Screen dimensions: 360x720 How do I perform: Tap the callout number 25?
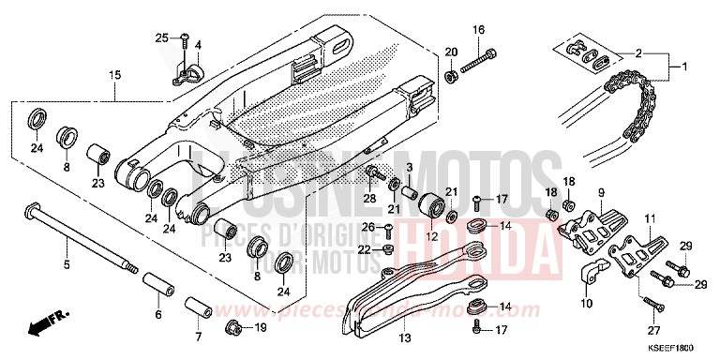pyautogui.click(x=161, y=37)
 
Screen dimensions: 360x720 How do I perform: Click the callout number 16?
pyautogui.click(x=478, y=31)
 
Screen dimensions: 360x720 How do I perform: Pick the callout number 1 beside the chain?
pyautogui.click(x=684, y=66)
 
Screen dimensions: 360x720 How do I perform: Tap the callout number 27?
pyautogui.click(x=652, y=331)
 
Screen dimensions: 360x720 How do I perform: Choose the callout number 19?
pyautogui.click(x=262, y=327)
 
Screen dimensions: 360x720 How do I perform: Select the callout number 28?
pyautogui.click(x=370, y=198)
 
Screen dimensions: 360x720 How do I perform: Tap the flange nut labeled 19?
pyautogui.click(x=234, y=327)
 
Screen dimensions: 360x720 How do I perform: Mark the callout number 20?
pyautogui.click(x=449, y=51)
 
